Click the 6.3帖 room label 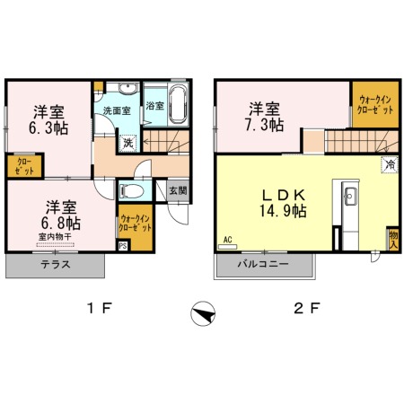tap(48, 120)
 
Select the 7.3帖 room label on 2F tap(265, 117)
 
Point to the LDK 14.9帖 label tap(283, 203)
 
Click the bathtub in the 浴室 tap(179, 104)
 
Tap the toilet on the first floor tap(131, 190)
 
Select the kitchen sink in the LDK tap(350, 196)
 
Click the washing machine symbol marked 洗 tap(128, 143)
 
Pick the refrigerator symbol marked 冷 tap(390, 164)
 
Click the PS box tap(123, 246)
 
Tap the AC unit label tap(228, 240)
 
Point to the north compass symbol tap(203, 313)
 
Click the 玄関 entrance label tap(179, 190)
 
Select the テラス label tap(56, 265)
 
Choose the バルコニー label tap(263, 264)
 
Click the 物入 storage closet tap(393, 239)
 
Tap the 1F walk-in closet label tap(135, 224)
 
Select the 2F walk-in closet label tap(375, 104)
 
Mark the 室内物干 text tap(55, 237)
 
